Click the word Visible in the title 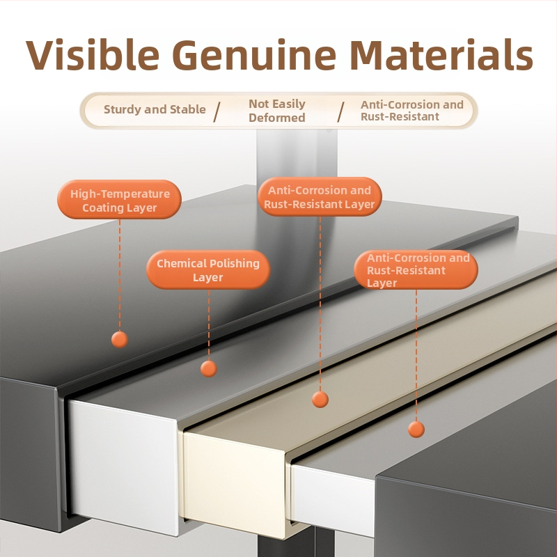click(x=93, y=55)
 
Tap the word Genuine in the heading click(x=254, y=55)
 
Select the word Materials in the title click(x=441, y=55)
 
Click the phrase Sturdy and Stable click(x=155, y=109)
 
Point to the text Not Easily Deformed click(x=277, y=111)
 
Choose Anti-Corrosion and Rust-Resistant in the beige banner click(x=412, y=111)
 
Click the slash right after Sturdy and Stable click(x=217, y=112)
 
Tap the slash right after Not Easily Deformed click(x=340, y=112)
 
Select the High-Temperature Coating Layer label click(x=119, y=199)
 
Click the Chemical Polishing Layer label click(x=208, y=269)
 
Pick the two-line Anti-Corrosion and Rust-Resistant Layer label click(x=320, y=197)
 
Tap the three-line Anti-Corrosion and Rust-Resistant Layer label click(x=416, y=269)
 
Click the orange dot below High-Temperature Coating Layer click(x=120, y=340)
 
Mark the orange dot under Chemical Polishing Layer click(x=208, y=368)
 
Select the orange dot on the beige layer click(x=320, y=399)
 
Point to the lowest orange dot click(x=416, y=429)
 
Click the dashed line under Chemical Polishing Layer click(x=208, y=324)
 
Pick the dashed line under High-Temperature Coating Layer click(x=120, y=275)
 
